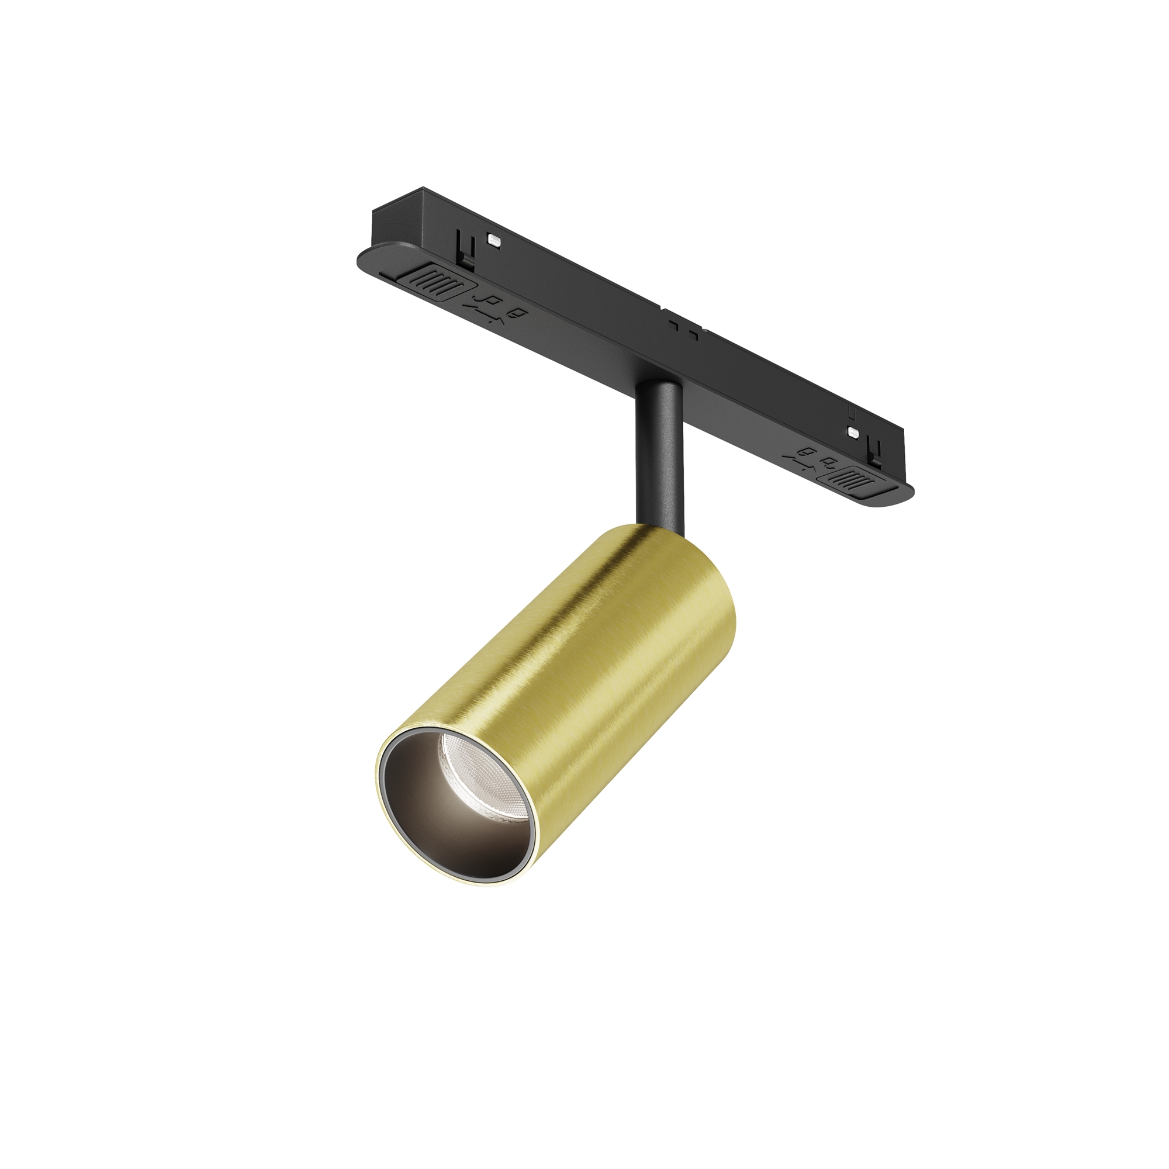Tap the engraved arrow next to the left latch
tap(481, 303)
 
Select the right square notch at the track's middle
tap(695, 333)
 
